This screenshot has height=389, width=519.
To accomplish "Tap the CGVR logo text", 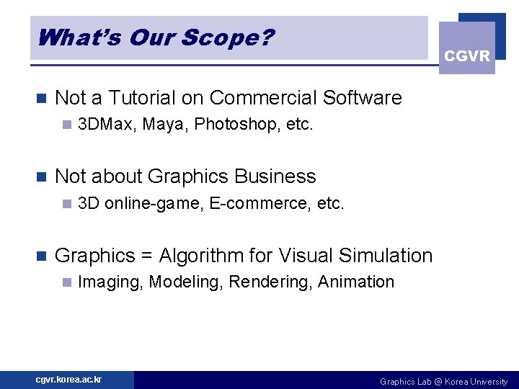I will (x=467, y=56).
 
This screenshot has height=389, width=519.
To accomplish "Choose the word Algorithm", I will (x=204, y=256).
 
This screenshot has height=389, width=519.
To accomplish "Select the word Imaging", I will (x=110, y=282).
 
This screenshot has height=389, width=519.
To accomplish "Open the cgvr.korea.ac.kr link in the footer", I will (x=69, y=380).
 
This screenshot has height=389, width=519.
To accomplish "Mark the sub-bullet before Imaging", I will (x=66, y=282).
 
